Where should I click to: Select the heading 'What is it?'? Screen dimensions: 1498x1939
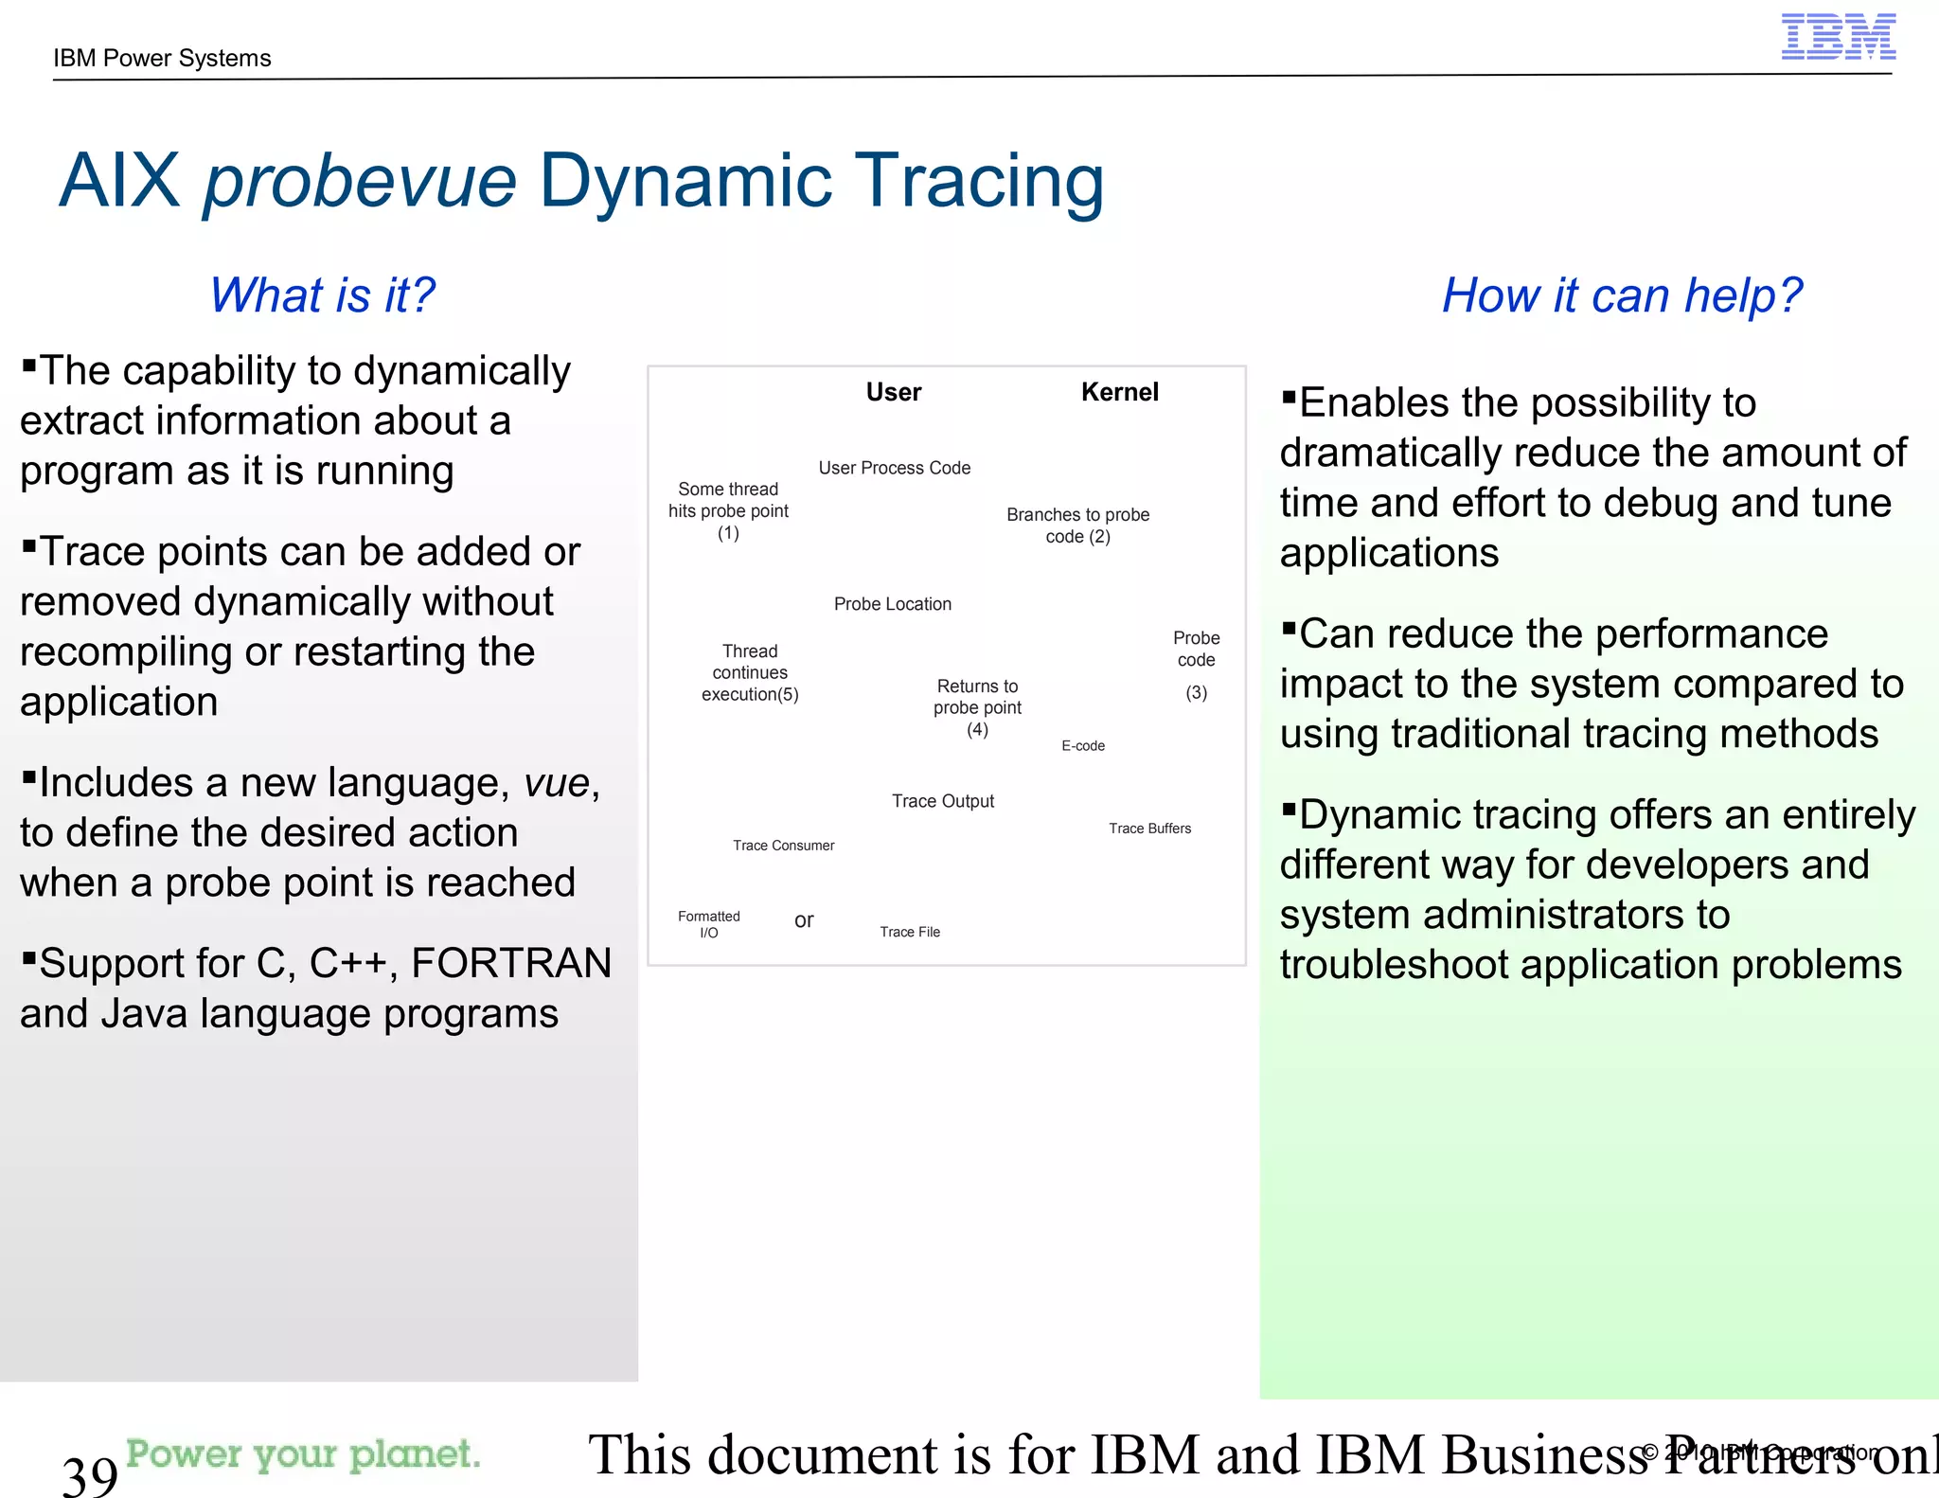click(322, 294)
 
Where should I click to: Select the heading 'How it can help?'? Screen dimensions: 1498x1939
click(1621, 294)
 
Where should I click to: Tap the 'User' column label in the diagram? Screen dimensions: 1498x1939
click(893, 392)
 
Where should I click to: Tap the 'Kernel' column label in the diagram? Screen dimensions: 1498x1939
click(1119, 392)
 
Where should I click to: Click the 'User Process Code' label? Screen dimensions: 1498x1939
click(894, 468)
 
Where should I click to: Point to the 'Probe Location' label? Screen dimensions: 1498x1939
click(892, 604)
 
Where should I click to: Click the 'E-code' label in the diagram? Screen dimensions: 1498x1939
click(1083, 746)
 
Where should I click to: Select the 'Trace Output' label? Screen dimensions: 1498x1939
click(942, 801)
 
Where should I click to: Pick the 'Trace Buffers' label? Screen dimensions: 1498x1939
click(1149, 829)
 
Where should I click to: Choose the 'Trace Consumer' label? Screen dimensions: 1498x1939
click(783, 846)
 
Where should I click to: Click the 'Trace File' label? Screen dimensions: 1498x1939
click(909, 932)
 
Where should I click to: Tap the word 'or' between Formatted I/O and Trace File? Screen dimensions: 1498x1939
click(804, 920)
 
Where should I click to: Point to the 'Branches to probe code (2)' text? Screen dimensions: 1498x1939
click(1077, 526)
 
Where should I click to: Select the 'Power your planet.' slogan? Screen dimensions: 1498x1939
click(303, 1453)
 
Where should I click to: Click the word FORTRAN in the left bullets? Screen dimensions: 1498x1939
click(511, 963)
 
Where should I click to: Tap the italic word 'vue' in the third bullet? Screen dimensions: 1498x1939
click(557, 783)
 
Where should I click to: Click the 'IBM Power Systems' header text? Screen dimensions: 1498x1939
click(162, 59)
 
